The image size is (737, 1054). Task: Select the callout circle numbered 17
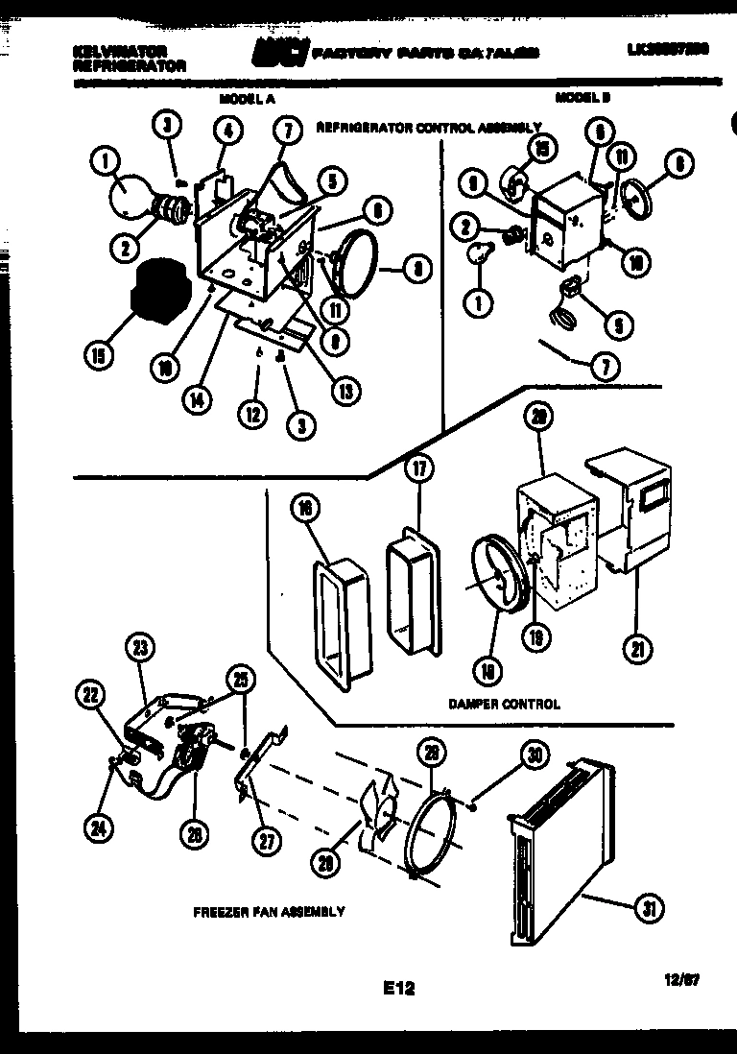tap(418, 468)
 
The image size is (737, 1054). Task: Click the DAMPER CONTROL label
tap(504, 704)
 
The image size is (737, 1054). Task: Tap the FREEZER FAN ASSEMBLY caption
tap(269, 912)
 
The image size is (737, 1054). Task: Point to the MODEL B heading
tap(582, 97)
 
